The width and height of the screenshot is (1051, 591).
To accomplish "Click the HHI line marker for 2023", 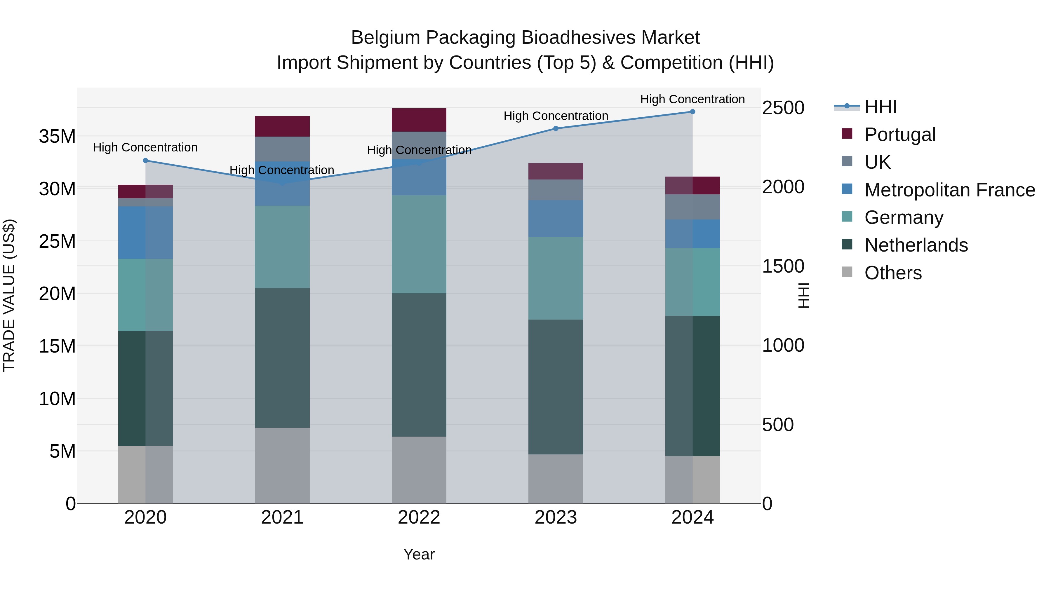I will (556, 128).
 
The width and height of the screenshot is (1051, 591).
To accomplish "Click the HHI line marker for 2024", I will (692, 112).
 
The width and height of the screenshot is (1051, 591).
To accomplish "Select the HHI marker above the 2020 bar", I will (146, 161).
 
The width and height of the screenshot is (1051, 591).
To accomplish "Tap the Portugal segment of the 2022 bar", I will (419, 120).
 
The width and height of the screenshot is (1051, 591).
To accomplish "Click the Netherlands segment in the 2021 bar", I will (282, 358).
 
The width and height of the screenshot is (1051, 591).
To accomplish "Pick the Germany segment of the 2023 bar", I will (556, 278).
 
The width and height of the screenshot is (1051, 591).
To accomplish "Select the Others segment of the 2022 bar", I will (419, 470).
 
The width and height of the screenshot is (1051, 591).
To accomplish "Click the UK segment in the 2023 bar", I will (556, 190).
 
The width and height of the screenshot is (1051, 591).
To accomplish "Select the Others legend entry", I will (893, 273).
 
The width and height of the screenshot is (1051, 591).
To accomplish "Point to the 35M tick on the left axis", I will (58, 136).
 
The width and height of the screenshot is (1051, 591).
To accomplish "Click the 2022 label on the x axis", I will (419, 517).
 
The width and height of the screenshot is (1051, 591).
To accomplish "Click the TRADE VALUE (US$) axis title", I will (9, 295).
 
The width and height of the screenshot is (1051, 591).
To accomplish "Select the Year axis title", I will (419, 554).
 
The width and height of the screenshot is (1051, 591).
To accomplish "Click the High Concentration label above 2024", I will (692, 99).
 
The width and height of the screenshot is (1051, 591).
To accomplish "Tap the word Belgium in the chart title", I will (386, 38).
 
